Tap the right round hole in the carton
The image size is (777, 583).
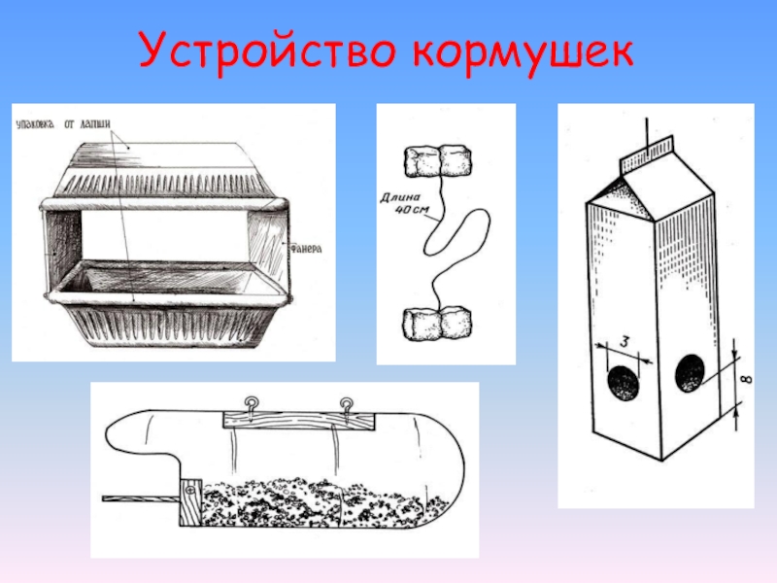click(x=691, y=374)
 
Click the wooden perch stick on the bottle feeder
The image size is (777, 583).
click(x=140, y=498)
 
